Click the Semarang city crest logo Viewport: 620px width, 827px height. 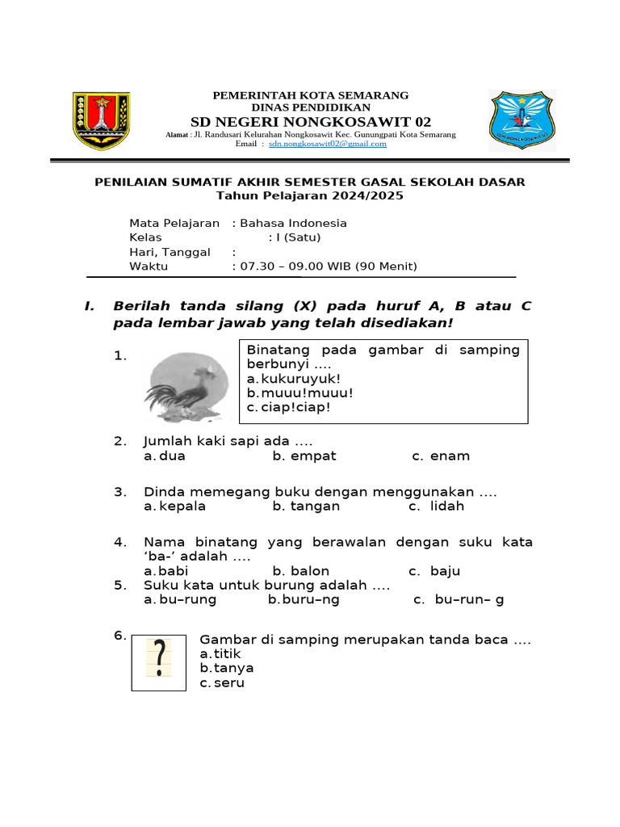[102, 121]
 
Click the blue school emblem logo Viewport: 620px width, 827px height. [522, 120]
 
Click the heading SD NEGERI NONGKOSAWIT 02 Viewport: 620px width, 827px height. [311, 122]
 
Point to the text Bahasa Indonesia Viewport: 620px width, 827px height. [292, 223]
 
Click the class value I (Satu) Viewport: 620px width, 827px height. [298, 237]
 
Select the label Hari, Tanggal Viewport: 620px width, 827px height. [170, 252]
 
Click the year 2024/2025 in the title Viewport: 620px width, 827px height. [367, 196]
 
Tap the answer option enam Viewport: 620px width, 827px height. [450, 456]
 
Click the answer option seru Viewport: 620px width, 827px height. [230, 683]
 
